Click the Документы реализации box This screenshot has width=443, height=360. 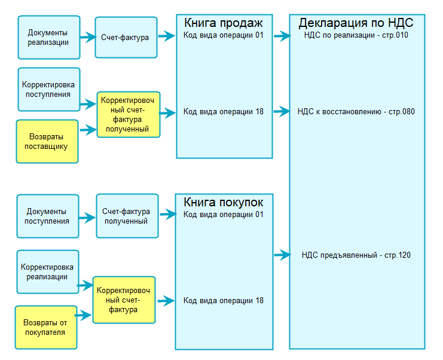point(48,37)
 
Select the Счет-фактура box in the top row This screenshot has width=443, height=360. point(126,37)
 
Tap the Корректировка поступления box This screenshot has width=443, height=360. point(48,90)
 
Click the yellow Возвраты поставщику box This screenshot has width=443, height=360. point(47,141)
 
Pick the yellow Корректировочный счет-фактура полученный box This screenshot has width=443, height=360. point(129,115)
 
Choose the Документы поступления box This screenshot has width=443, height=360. point(47,216)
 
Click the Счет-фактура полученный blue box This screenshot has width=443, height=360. point(126,216)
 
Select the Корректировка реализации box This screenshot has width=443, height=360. point(48,271)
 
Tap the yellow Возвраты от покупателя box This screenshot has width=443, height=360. point(45,327)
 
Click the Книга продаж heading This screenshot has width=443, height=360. point(224,23)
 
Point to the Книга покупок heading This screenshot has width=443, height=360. point(224,202)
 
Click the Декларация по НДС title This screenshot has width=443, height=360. point(356,23)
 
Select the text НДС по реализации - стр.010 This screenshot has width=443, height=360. point(356,36)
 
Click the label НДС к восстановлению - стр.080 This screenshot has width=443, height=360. point(356,112)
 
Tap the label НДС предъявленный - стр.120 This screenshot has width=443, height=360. point(356,255)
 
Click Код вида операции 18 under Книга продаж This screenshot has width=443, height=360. point(224,112)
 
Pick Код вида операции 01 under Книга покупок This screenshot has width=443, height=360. point(224,214)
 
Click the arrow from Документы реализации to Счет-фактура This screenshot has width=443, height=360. point(87,37)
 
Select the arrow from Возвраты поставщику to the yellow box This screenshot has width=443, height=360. point(88,129)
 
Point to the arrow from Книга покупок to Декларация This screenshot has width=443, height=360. point(281,255)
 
